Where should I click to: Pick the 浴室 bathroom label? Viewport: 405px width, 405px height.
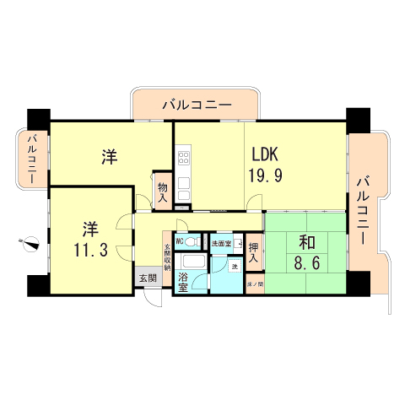[182, 281]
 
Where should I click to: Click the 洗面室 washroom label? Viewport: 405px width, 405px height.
[221, 244]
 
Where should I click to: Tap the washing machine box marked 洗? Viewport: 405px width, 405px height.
[235, 267]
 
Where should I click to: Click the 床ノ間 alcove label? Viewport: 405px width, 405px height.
[255, 285]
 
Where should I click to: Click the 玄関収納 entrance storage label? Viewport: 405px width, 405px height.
[167, 256]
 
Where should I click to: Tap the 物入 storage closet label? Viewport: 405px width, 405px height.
[163, 192]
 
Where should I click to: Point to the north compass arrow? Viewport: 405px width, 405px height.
[31, 245]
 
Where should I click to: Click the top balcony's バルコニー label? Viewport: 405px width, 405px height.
[196, 105]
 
